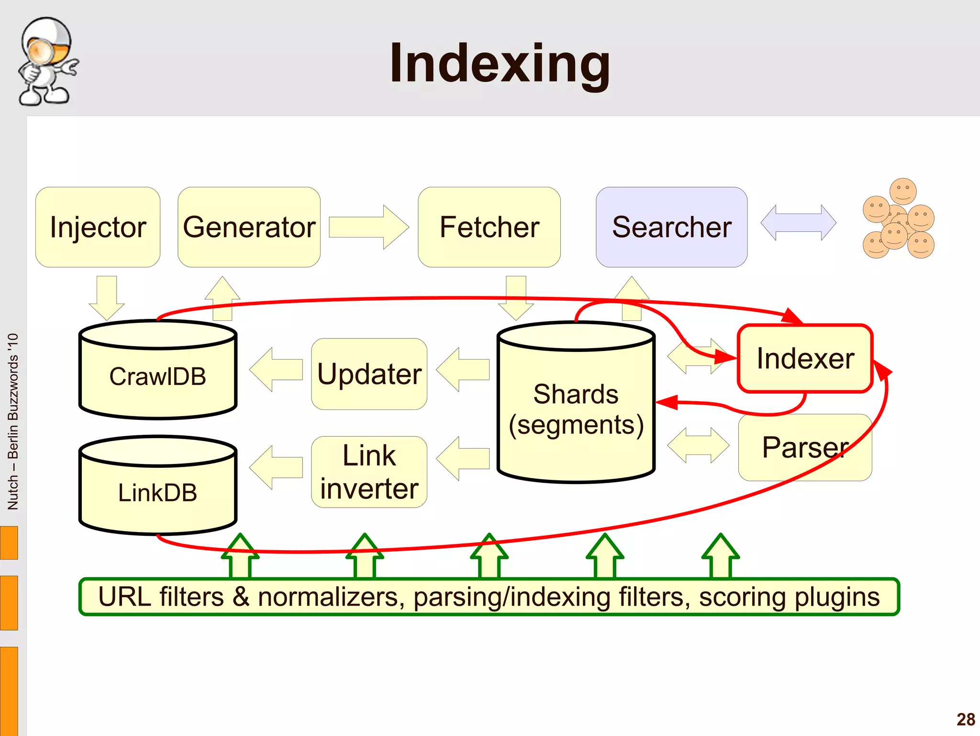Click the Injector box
(98, 227)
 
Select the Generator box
(249, 227)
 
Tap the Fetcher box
(489, 227)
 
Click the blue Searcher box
(671, 227)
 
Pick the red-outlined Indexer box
(805, 359)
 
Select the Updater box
(369, 374)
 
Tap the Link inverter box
(369, 472)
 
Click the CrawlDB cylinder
(157, 376)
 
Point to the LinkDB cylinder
(157, 492)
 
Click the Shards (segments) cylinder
(576, 409)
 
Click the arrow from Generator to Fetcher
(368, 227)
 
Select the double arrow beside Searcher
(798, 223)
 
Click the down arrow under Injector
(107, 297)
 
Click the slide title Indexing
(500, 63)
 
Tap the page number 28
(966, 719)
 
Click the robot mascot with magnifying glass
(46, 61)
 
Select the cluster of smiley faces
(899, 219)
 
